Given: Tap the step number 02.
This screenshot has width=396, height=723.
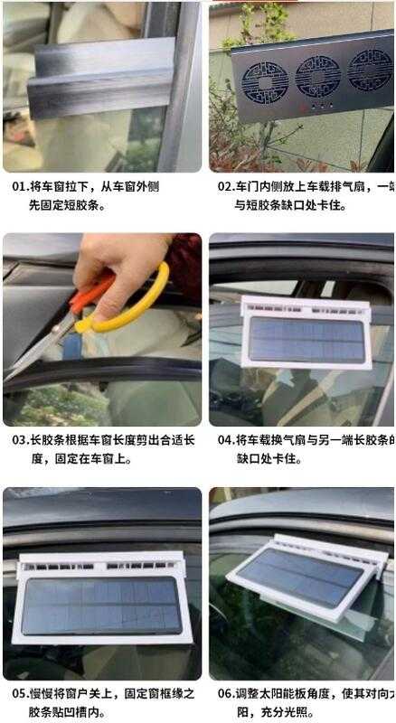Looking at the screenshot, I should coord(226,187).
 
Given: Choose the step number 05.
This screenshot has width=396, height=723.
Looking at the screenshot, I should coord(19,694).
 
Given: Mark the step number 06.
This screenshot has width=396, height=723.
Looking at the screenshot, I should coord(226,694).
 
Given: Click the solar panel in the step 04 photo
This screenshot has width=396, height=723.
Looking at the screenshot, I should coord(306,339).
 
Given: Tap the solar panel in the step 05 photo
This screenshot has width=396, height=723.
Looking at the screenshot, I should coord(101,606).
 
